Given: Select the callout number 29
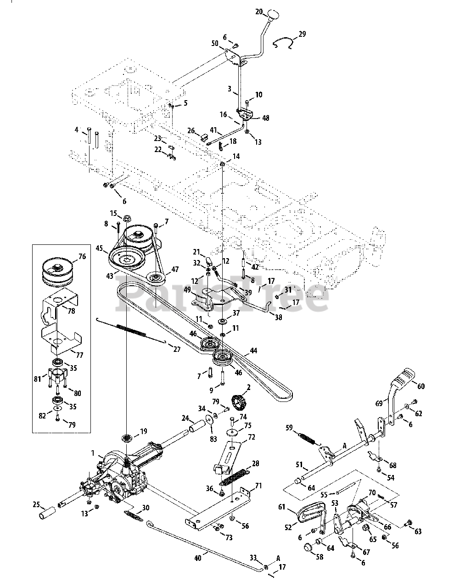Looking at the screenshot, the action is click(302, 34).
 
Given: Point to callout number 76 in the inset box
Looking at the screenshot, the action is click(82, 256).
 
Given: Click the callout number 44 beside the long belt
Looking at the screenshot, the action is click(253, 351).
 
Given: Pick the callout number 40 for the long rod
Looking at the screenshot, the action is click(198, 558).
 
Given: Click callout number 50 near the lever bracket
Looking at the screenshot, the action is click(215, 44).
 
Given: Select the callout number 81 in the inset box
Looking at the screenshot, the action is click(37, 379).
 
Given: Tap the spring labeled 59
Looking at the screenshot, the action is click(307, 438).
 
